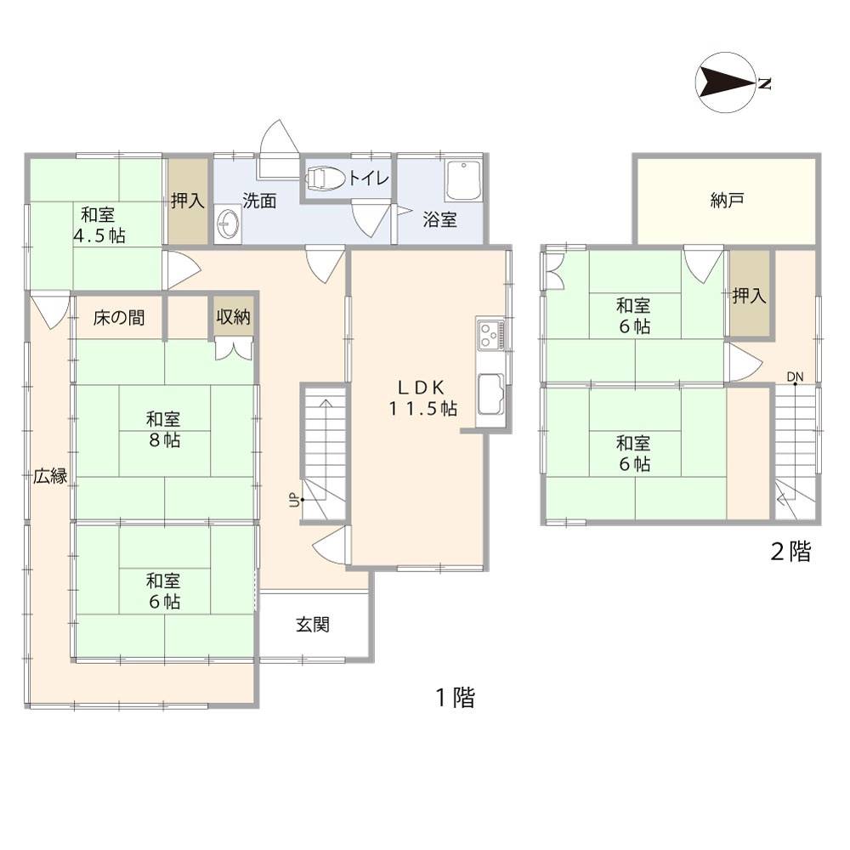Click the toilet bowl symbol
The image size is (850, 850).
325,178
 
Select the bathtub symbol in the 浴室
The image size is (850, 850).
463,180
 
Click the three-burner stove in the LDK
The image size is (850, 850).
491,334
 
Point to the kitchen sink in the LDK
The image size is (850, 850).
490,393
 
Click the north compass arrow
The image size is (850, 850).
727,83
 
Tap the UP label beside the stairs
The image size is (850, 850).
294,499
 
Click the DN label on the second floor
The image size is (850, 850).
796,377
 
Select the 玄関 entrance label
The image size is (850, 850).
313,625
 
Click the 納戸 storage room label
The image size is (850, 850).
727,200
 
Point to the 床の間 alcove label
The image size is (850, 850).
119,317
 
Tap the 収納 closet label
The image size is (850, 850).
233,316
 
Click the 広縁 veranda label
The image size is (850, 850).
50,476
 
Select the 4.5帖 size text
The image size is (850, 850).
99,235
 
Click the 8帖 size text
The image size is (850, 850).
164,439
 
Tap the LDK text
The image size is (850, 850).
422,387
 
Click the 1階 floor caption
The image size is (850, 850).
456,697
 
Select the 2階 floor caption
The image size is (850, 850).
790,552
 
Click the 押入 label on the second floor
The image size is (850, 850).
749,296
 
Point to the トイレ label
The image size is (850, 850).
369,178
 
